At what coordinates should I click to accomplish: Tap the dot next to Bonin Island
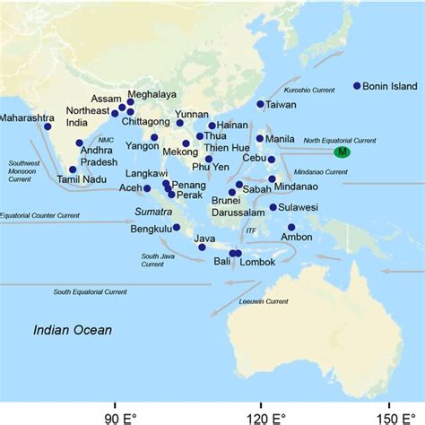coord(357,86)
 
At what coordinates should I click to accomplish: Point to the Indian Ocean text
coord(73,330)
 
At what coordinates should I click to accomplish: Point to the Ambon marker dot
coord(291,228)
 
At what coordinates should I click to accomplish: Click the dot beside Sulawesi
coord(273,207)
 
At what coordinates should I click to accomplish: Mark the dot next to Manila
coord(260,138)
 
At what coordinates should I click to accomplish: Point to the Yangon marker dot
coord(154,138)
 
